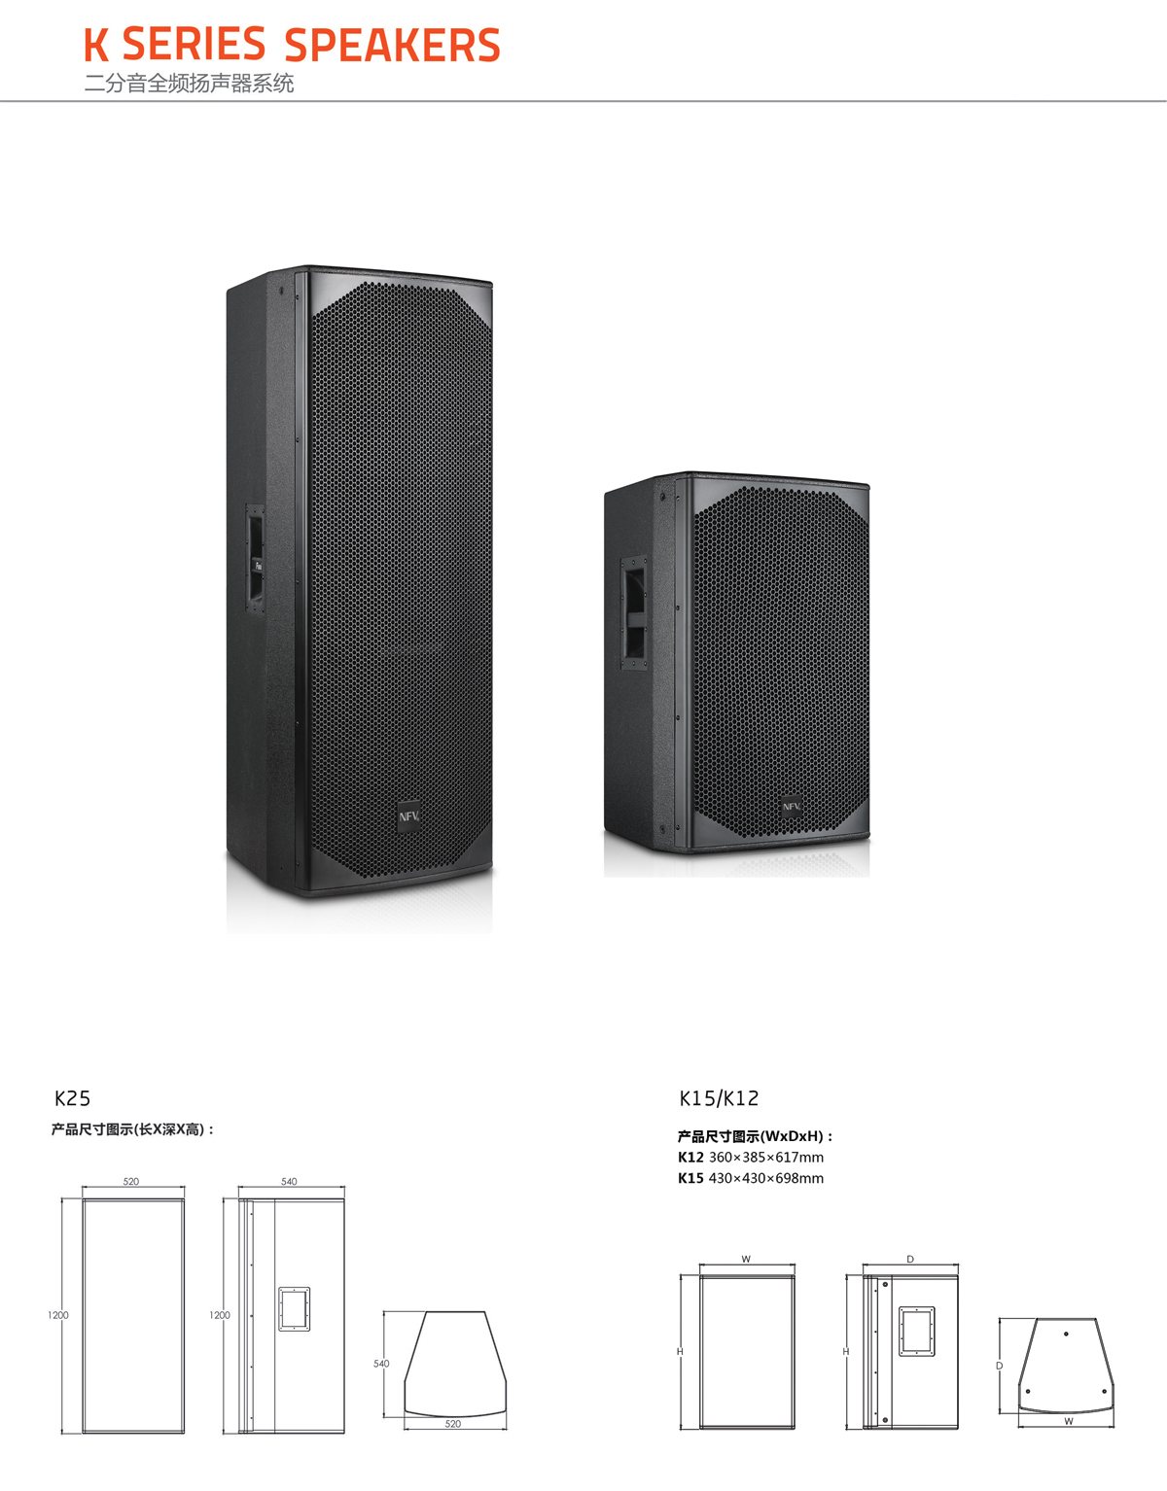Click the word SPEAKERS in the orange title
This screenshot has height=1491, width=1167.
[392, 45]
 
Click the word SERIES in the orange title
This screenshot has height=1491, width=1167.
[194, 45]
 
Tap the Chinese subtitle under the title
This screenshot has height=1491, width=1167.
[189, 84]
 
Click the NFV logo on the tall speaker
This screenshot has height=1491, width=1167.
[409, 816]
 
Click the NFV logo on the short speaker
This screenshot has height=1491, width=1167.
[792, 806]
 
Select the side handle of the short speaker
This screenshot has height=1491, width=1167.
[634, 612]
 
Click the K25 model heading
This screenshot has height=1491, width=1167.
[72, 1098]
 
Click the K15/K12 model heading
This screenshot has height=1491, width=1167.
[719, 1098]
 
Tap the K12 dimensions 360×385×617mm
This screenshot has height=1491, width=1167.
[751, 1157]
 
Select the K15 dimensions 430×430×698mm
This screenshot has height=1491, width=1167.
[751, 1178]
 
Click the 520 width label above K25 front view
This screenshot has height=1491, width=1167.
[131, 1182]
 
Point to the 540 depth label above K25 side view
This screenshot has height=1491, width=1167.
[289, 1182]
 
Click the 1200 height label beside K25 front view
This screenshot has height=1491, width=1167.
[58, 1315]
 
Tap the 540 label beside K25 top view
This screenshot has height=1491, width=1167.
[381, 1364]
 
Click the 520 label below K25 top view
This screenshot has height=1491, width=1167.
[453, 1424]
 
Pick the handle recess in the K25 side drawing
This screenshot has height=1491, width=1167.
[295, 1309]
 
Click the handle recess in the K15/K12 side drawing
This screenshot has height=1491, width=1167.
[917, 1332]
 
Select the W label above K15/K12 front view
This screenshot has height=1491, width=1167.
[746, 1259]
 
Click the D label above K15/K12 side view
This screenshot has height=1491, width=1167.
[910, 1259]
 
